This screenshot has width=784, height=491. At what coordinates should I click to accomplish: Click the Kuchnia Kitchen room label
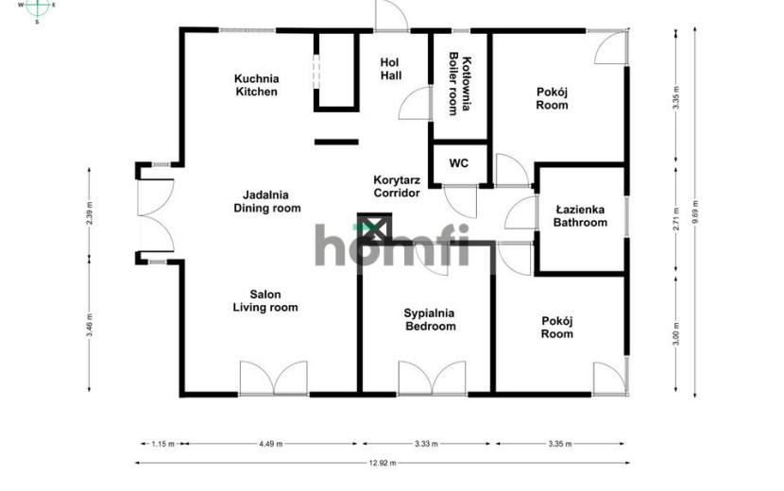point(257,85)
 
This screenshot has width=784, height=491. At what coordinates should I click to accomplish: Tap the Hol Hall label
point(390,69)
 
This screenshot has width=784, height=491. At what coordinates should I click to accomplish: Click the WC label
point(459,163)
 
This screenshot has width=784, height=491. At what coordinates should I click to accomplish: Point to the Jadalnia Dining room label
point(267,201)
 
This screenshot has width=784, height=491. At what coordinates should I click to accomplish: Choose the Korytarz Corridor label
point(397,186)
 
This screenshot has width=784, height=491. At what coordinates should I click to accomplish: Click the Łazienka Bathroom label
point(580,216)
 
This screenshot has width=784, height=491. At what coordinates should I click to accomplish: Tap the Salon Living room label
point(265,301)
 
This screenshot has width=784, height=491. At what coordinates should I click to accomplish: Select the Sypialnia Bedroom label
point(430,320)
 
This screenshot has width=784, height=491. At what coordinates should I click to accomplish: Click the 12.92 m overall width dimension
point(383,463)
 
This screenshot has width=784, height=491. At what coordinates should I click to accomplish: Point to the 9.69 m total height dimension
point(695,213)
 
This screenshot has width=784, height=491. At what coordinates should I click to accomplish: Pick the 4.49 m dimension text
point(270,444)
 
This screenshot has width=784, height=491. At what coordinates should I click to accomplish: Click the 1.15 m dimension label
point(163,444)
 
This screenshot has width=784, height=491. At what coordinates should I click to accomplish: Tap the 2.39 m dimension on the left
point(90,213)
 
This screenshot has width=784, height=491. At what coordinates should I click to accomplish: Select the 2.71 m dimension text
point(676,219)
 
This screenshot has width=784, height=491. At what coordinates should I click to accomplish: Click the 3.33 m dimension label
point(426,444)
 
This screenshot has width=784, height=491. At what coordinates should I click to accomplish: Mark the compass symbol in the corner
point(38,7)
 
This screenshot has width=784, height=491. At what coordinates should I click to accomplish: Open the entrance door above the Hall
point(391,16)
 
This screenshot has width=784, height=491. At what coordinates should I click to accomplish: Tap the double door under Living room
point(274,379)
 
